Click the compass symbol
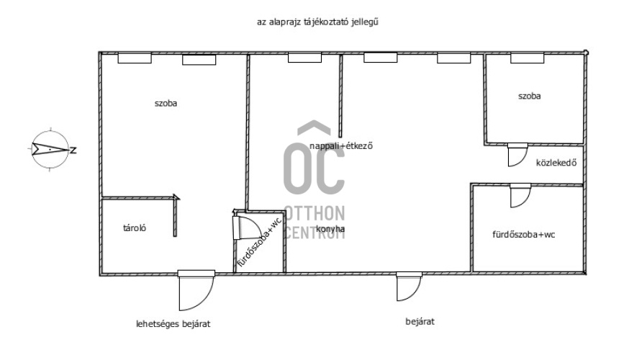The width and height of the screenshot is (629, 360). (50, 150)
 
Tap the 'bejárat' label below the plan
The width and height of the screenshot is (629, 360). (420, 321)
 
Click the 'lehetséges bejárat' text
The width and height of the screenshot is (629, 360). (173, 324)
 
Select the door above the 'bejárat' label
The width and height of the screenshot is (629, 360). (409, 286)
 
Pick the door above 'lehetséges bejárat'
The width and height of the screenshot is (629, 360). (196, 290)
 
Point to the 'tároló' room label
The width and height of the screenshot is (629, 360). (135, 228)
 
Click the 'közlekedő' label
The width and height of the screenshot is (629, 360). (556, 163)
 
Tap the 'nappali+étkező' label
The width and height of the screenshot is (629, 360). (341, 145)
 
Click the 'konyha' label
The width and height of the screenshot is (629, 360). (330, 229)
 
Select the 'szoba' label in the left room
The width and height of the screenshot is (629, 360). (166, 103)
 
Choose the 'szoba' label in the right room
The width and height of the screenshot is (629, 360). (529, 96)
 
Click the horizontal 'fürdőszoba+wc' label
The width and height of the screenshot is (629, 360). (523, 235)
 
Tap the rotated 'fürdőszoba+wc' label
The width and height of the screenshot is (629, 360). (260, 243)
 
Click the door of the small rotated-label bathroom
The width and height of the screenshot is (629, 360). (245, 228)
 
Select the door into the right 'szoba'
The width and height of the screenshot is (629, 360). (517, 155)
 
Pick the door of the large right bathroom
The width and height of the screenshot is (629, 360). (520, 195)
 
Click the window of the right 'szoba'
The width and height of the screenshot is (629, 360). (527, 58)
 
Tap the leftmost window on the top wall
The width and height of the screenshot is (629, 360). (135, 58)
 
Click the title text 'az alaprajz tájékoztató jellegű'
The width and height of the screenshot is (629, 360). (317, 22)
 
